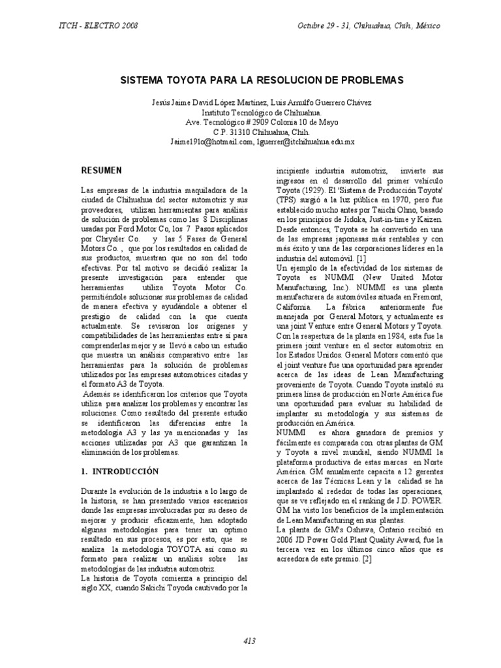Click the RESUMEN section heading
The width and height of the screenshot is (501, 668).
102,170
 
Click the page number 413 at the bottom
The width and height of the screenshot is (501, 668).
250,641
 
